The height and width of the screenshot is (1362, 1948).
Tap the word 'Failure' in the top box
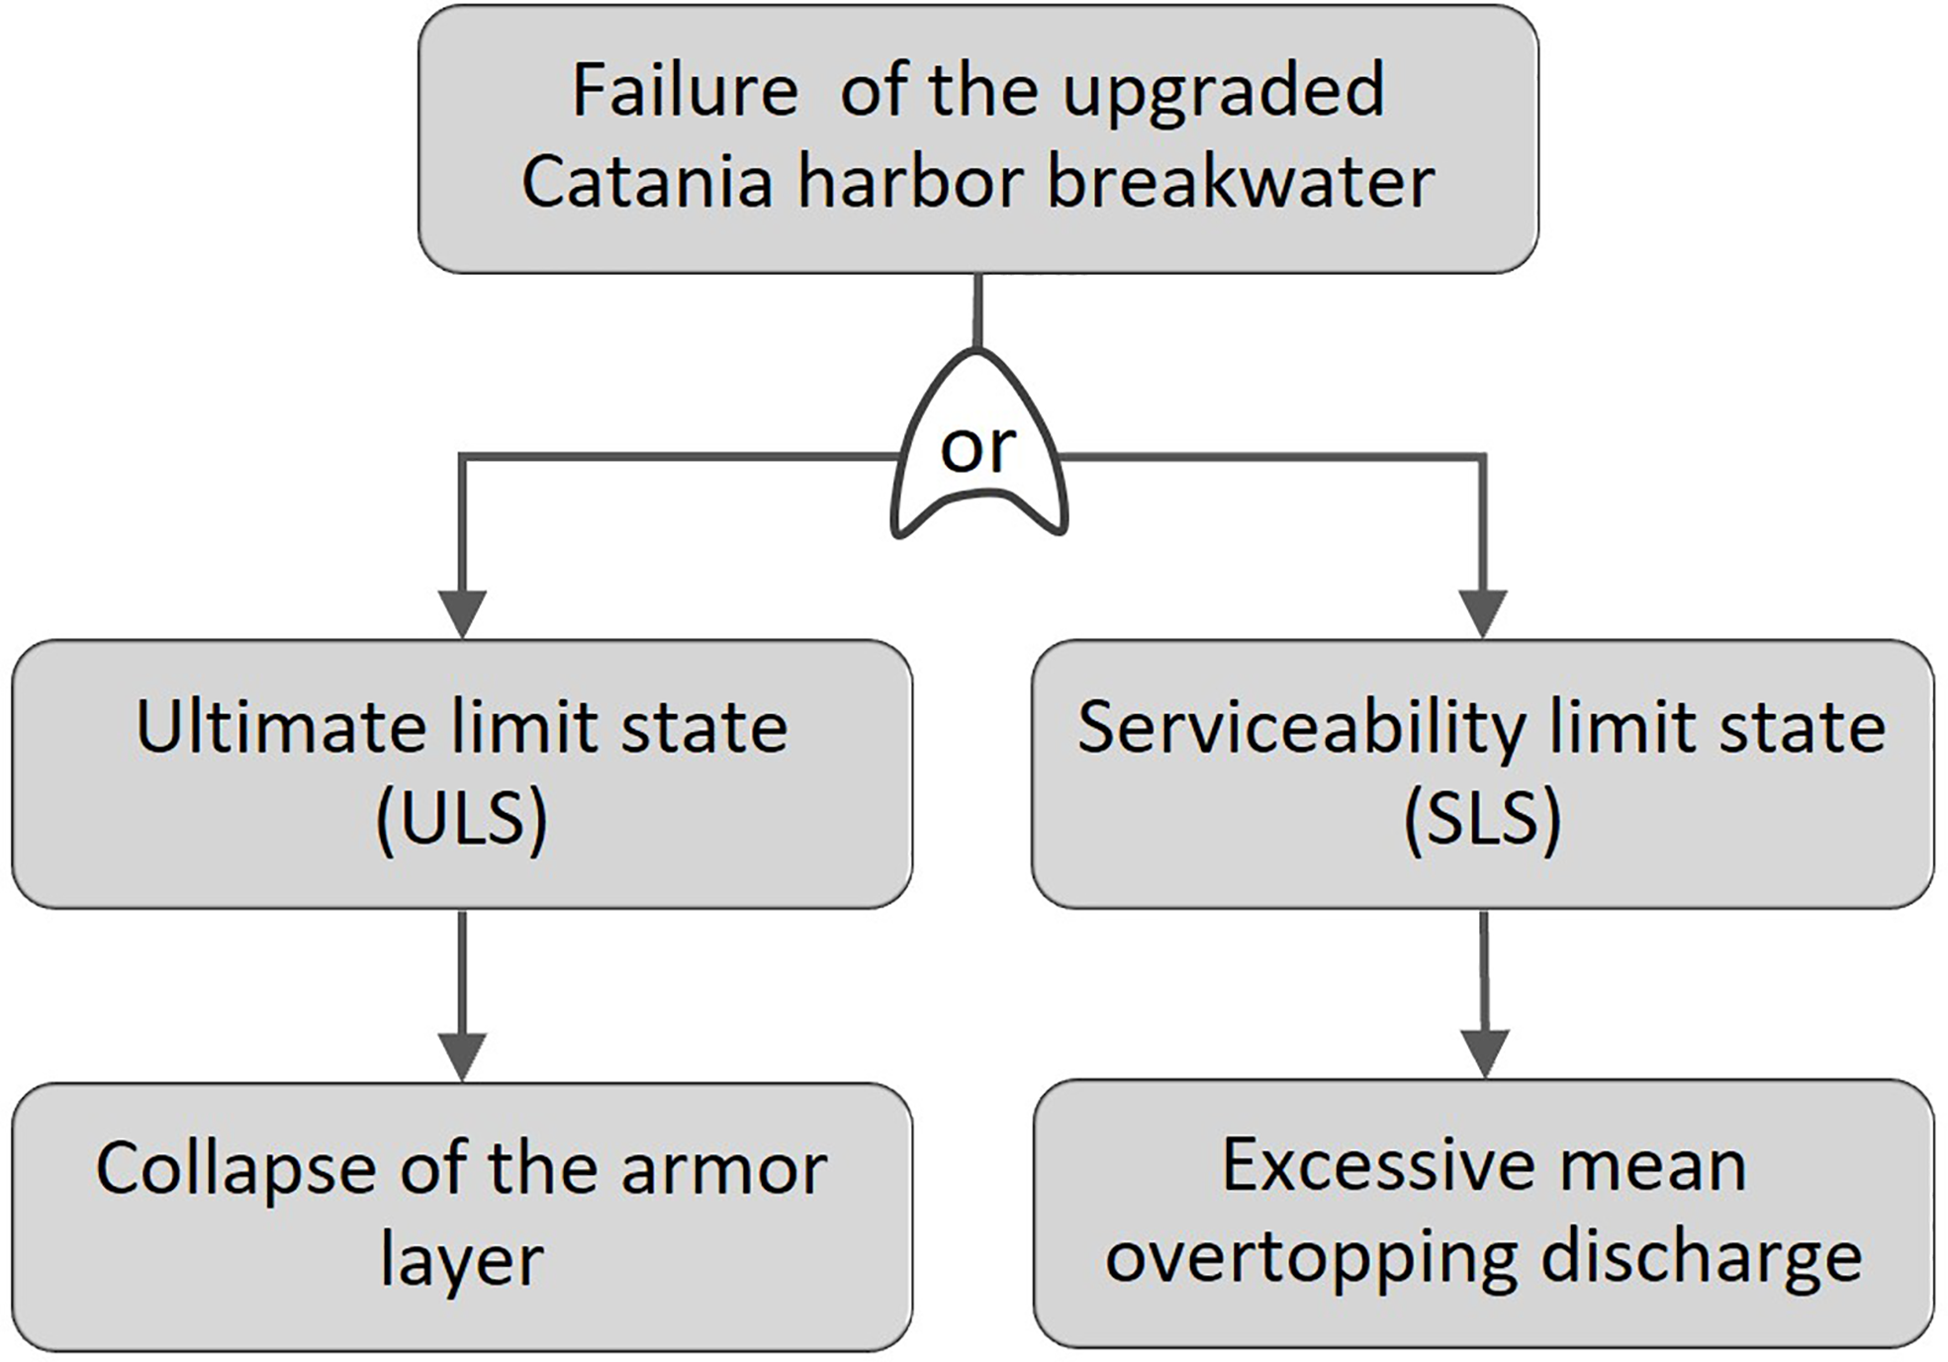(x=685, y=91)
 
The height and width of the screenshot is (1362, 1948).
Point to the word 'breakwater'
(x=1241, y=183)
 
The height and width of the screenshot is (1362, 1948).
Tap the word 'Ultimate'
(x=281, y=728)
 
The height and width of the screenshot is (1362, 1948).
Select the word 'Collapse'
(x=235, y=1170)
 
